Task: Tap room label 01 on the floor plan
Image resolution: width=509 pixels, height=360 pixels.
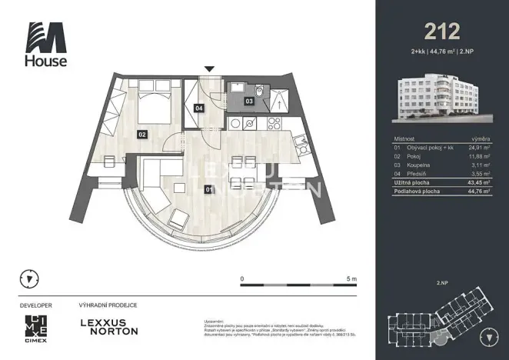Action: pos(207,188)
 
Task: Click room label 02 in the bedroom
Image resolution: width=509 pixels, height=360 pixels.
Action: pos(141,134)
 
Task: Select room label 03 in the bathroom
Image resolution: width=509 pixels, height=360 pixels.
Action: pos(249,101)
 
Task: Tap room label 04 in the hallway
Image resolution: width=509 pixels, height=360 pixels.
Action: pos(199,109)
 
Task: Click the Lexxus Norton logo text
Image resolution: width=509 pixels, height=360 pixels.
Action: pos(110,326)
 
